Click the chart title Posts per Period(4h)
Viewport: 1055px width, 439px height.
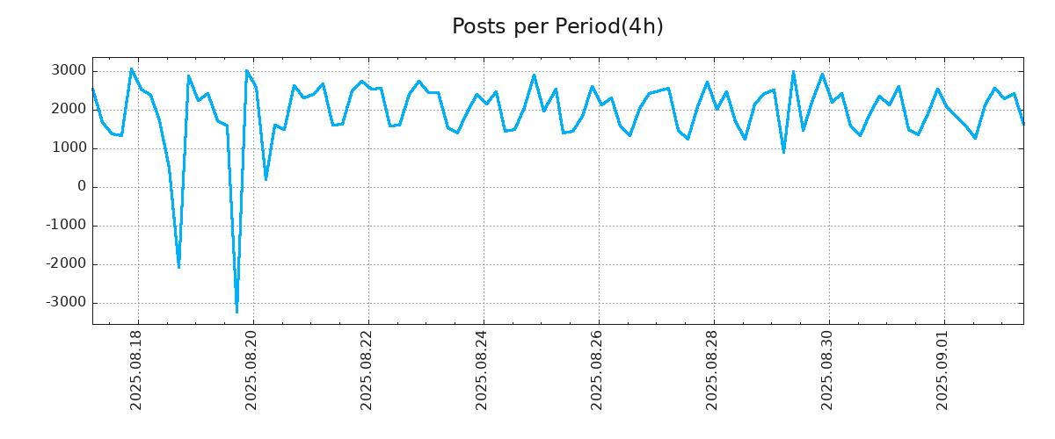point(557,27)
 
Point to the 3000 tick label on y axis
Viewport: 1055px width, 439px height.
point(68,71)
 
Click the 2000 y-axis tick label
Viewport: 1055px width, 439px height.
point(68,110)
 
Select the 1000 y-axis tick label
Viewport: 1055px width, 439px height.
point(68,148)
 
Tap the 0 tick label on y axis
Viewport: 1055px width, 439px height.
point(81,187)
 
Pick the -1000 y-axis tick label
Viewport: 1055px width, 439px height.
point(65,226)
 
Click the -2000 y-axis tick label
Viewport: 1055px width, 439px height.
point(65,264)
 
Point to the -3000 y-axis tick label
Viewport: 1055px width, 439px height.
point(65,303)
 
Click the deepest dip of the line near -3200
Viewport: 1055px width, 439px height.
point(236,312)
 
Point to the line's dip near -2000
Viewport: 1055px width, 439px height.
point(178,267)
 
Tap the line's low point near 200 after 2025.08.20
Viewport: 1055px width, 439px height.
point(266,179)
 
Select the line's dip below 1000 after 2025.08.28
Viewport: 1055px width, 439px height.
point(783,153)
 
